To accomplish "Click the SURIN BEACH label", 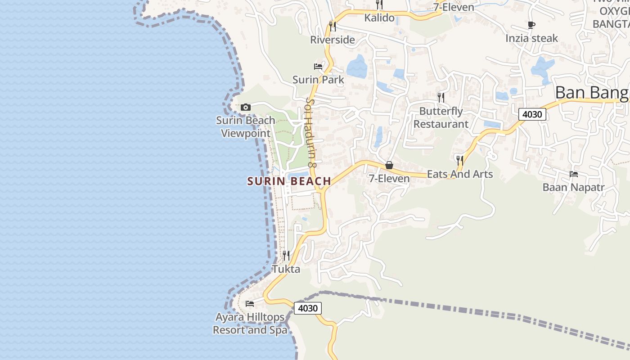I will coord(289,181).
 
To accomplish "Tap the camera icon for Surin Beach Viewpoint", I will coord(245,107).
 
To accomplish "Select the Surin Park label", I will coord(318,80).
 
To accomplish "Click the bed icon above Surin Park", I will coord(318,67).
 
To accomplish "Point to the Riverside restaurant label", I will coord(333,40).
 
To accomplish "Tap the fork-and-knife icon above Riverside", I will coord(333,26).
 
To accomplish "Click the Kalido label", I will coord(379,18).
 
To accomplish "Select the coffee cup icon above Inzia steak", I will coord(531,25).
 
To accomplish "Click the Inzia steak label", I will coord(531,38).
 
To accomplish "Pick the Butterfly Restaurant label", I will coord(441,117).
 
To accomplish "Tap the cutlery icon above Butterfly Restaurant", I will coord(441,97).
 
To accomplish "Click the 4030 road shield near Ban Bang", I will coord(532,114).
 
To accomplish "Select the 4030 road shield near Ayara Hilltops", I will coord(308,308).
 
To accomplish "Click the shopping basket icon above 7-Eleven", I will coord(389,166).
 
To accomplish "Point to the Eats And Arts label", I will coord(460,174).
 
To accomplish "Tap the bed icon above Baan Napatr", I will coord(574,174).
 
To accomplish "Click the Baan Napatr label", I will coord(574,187).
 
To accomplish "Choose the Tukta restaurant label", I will coord(286,269).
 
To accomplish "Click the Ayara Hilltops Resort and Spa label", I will coord(250,324).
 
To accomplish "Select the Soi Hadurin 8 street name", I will coord(311,133).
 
